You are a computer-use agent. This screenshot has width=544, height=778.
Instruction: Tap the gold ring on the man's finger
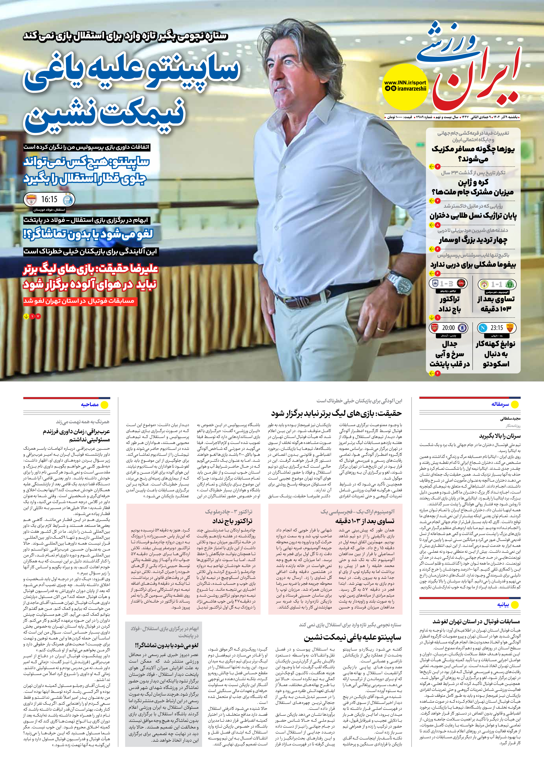point(381,329)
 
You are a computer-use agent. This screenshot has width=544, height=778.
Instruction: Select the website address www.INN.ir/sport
point(405,82)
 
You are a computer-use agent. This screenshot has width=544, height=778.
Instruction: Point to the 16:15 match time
point(49,199)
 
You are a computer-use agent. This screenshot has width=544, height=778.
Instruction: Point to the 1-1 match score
point(497,284)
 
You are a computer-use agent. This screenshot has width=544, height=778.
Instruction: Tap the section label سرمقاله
point(500,404)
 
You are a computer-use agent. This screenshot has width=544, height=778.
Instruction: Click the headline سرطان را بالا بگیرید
point(500,436)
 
